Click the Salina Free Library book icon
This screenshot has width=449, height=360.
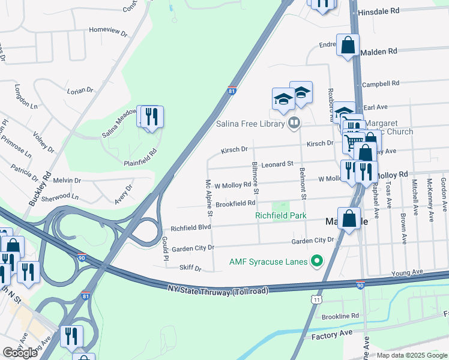click(x=294, y=124)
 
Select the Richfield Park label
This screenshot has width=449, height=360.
click(x=280, y=215)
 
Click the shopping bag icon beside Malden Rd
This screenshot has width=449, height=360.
click(x=348, y=45)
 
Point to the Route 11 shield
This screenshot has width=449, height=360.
click(x=316, y=299)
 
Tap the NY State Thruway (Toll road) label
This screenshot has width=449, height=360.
click(x=217, y=289)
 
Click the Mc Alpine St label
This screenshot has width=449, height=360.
click(x=209, y=197)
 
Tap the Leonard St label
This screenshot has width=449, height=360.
click(x=277, y=163)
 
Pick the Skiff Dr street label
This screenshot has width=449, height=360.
click(x=190, y=268)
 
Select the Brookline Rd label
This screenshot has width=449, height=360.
click(x=340, y=316)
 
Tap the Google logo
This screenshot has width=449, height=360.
click(x=20, y=353)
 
